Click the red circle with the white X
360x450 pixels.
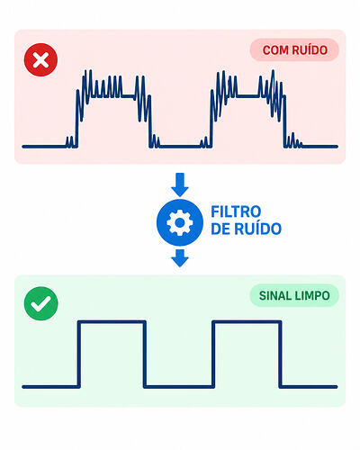[x=40, y=59]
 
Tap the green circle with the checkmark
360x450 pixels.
[x=40, y=303]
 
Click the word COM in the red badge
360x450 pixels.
[x=275, y=50]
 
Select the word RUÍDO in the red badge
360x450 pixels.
[x=310, y=49]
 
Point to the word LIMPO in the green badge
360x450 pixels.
[x=312, y=296]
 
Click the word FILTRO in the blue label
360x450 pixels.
[x=236, y=211]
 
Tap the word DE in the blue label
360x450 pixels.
[x=220, y=229]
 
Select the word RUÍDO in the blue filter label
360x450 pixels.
[x=258, y=228]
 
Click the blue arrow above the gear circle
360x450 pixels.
[x=180, y=184]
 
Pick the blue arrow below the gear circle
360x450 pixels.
[x=180, y=258]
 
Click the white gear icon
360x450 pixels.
[x=180, y=222]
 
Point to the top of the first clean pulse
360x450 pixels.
[x=112, y=322]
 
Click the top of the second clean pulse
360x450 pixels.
[x=247, y=322]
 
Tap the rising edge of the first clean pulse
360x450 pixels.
[x=79, y=355]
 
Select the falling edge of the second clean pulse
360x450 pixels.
[x=280, y=355]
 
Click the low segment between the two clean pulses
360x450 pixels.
[x=179, y=387]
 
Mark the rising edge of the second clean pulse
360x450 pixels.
[x=213, y=355]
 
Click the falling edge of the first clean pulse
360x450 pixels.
[x=145, y=355]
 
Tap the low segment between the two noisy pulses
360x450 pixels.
[x=180, y=147]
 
